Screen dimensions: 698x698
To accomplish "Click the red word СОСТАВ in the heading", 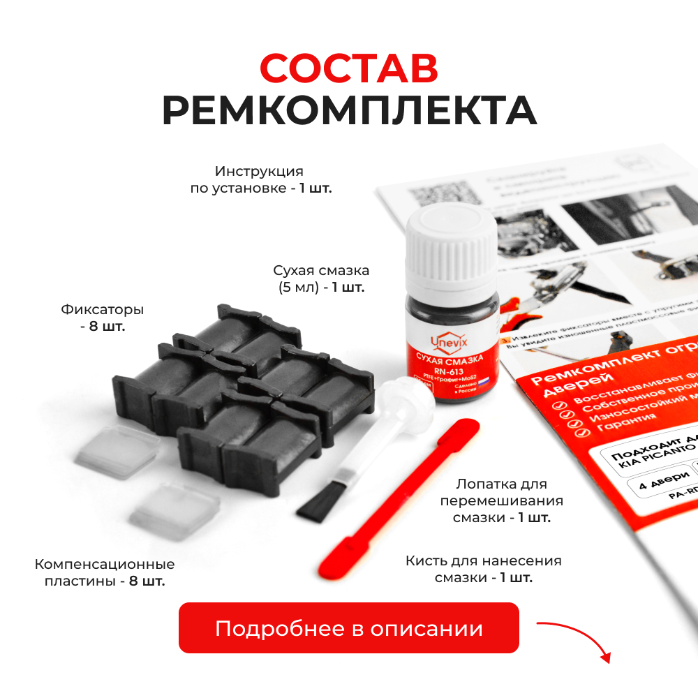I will point(349,68).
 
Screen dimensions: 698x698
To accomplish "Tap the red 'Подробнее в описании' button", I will point(349,628).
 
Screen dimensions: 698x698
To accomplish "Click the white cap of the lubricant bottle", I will point(452,248).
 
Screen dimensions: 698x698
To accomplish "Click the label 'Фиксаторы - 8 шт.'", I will point(103,318).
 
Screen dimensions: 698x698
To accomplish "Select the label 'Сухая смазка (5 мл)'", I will point(321,279).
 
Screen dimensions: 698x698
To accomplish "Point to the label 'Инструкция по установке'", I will point(260,179).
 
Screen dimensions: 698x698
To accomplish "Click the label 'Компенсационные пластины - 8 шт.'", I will point(105,572).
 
